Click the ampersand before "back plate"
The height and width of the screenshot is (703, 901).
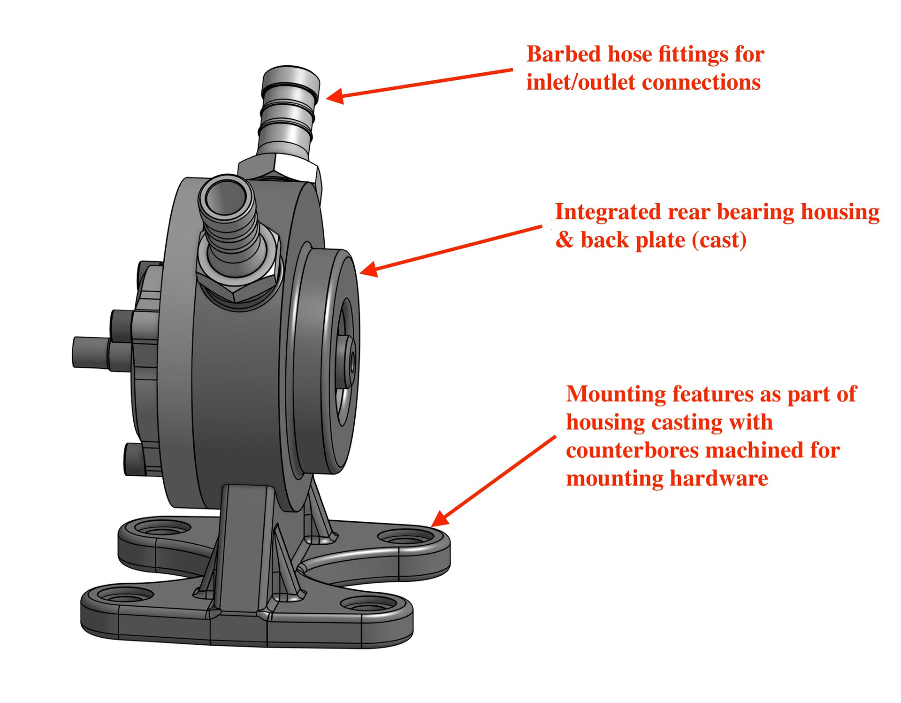click(565, 240)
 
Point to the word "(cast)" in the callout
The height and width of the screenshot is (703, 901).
click(719, 240)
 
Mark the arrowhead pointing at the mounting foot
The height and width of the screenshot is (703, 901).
click(439, 519)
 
